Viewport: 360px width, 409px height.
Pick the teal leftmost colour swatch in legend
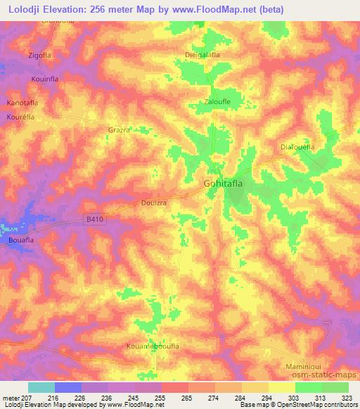[41, 387]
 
